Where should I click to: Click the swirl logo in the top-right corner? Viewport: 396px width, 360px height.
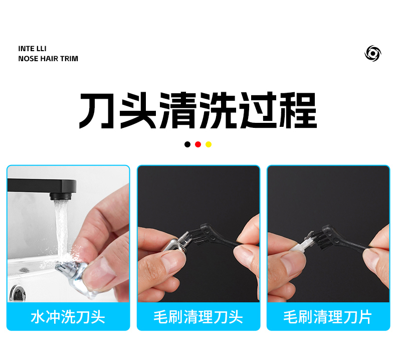click(x=373, y=53)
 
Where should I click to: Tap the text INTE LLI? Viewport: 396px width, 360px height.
click(x=32, y=49)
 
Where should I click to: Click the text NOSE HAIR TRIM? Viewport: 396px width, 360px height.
click(x=48, y=59)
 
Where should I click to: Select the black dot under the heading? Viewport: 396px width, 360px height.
click(x=187, y=144)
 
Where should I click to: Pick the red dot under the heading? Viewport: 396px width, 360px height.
click(x=198, y=144)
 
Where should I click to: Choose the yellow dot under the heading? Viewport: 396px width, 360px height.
click(x=209, y=144)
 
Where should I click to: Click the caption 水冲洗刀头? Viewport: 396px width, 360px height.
click(x=68, y=317)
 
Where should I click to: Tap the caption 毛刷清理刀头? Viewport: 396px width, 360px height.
click(x=199, y=317)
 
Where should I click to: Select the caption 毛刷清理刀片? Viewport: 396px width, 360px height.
click(x=328, y=317)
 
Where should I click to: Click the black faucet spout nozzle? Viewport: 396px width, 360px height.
click(x=61, y=196)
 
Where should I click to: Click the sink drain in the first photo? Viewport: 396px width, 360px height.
click(x=17, y=293)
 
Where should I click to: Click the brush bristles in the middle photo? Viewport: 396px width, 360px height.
click(x=200, y=238)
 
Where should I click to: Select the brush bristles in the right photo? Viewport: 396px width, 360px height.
click(x=321, y=240)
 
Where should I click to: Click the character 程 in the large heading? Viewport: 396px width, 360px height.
click(x=298, y=110)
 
